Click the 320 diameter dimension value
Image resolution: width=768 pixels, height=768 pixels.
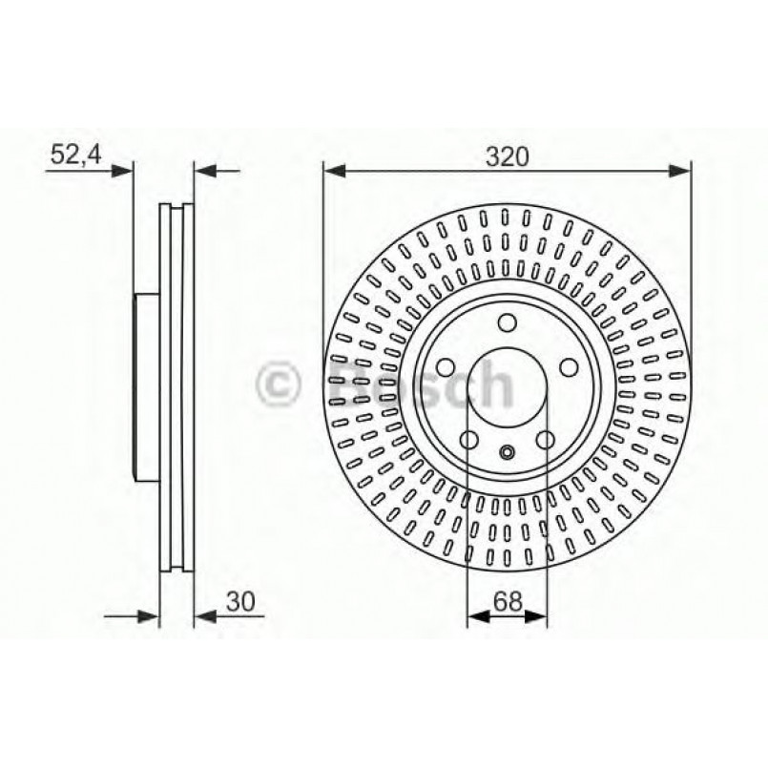[x=506, y=156]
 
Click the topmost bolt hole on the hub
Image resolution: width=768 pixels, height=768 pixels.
[x=507, y=322]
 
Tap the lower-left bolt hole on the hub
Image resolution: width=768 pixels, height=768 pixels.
[x=468, y=439]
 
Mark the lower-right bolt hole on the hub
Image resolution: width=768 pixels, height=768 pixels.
[x=546, y=439]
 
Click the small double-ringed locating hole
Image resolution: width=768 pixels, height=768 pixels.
[x=507, y=453]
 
